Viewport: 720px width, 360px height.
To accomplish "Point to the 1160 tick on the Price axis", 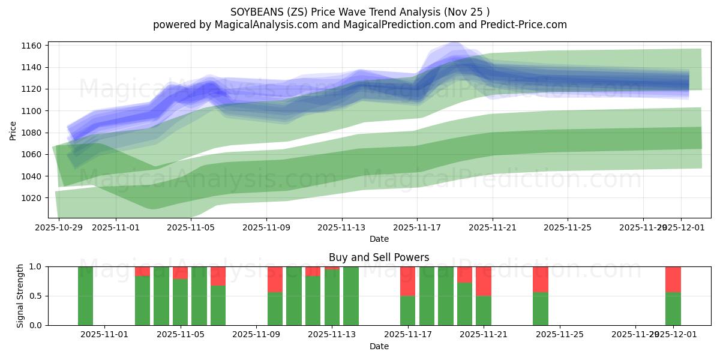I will point(33,46).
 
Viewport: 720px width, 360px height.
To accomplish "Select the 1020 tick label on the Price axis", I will point(33,198).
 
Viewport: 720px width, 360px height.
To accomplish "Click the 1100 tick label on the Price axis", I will point(33,111).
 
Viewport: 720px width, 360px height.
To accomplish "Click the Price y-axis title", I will point(13,130).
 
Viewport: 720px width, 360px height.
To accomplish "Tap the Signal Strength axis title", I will point(20,295).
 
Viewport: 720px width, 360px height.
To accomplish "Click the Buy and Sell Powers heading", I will point(379,257).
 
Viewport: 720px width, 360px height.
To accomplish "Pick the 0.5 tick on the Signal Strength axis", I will point(35,296).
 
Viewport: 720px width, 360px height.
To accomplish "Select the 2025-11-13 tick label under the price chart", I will point(341,227).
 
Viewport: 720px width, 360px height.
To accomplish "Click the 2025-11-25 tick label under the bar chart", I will point(559,335).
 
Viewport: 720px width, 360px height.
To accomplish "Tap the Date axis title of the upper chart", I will point(379,239).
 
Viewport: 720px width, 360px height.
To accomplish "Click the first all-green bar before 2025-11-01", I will point(85,296).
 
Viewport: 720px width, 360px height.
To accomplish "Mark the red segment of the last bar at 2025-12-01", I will point(673,279).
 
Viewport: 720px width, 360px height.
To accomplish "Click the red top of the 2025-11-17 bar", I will point(408,281).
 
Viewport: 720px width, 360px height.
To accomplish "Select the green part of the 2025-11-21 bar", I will point(484,310).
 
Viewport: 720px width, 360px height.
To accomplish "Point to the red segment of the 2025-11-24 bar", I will point(540,279).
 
